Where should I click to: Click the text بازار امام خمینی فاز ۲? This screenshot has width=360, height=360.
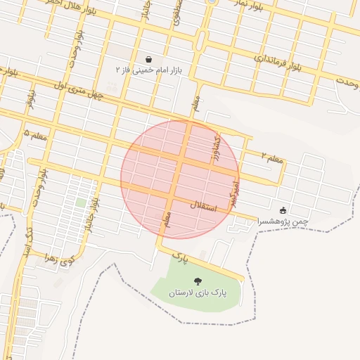coord(148,70)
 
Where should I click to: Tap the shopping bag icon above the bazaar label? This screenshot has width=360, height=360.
coord(148,59)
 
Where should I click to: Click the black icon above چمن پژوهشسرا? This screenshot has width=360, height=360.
coord(283,210)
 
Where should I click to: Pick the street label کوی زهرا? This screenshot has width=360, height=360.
coord(60,262)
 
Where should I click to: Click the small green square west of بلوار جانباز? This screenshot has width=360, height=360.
coord(81,202)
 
